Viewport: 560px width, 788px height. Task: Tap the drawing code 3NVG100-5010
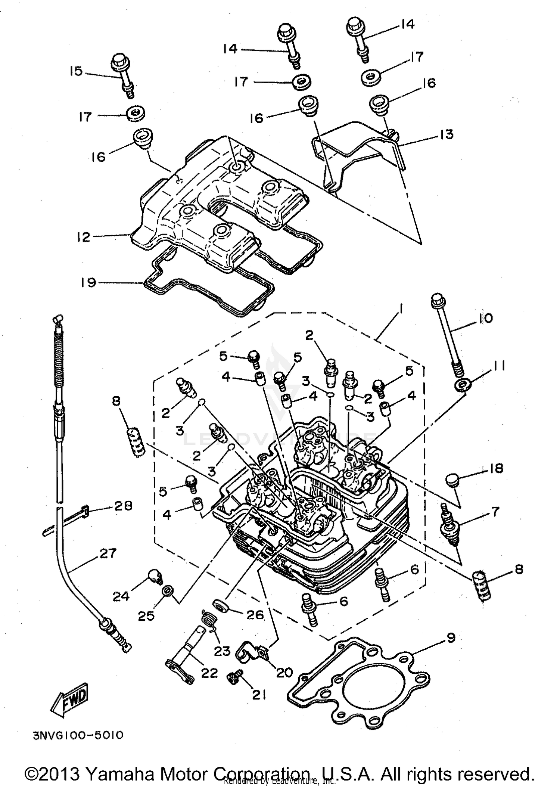coord(78,735)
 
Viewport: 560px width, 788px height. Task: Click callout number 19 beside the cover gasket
coord(88,282)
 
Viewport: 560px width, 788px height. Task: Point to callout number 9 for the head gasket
coord(451,638)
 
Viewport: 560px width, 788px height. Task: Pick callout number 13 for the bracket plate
coord(446,134)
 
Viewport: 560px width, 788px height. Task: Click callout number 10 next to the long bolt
coord(484,318)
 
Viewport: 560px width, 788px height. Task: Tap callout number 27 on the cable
coord(108,553)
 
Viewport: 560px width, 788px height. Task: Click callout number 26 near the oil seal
coord(255,614)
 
